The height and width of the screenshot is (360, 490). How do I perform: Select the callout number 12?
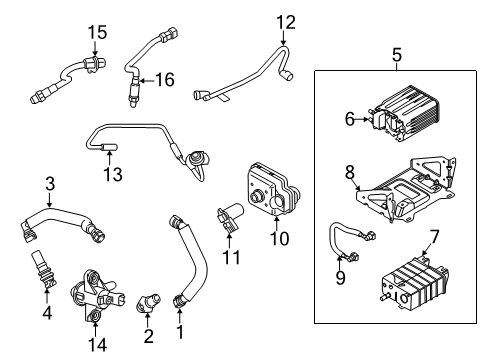tap(287, 21)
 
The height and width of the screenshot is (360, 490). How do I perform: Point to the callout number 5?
tap(396, 54)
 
